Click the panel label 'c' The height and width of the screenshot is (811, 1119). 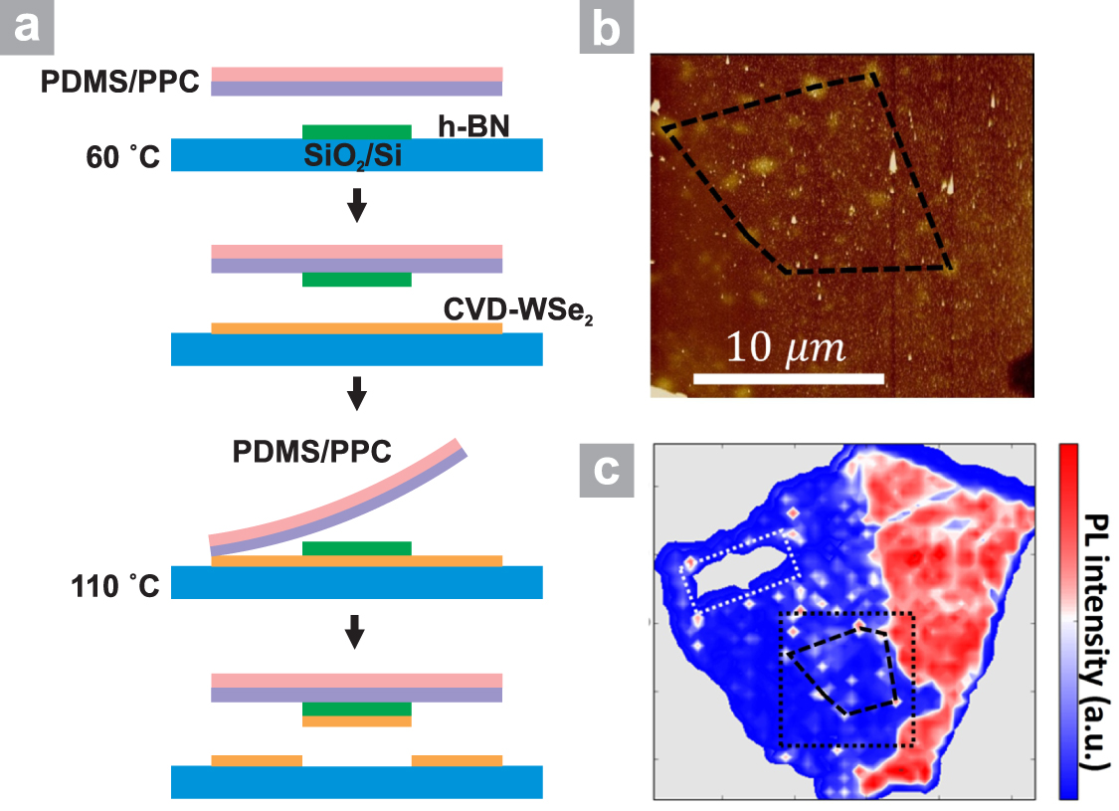[606, 470]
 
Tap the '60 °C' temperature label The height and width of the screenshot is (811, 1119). [121, 156]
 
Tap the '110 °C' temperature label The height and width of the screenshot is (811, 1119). [115, 584]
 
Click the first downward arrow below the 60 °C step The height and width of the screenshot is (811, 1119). [356, 210]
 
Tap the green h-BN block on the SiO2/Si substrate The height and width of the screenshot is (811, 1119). [356, 131]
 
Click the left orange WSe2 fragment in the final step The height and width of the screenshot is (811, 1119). [257, 760]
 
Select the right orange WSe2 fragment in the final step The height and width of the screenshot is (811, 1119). [457, 760]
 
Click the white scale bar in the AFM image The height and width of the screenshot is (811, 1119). [788, 378]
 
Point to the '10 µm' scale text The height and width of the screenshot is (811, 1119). [785, 348]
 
